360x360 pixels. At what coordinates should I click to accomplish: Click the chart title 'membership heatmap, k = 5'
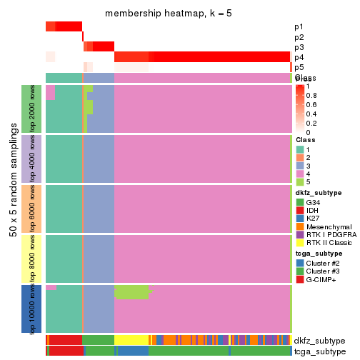click(169, 14)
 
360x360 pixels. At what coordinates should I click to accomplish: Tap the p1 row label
click(299, 27)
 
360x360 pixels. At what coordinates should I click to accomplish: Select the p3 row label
click(299, 47)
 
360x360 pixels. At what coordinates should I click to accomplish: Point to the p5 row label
click(299, 67)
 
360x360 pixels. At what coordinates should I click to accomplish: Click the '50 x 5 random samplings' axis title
click(12, 208)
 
